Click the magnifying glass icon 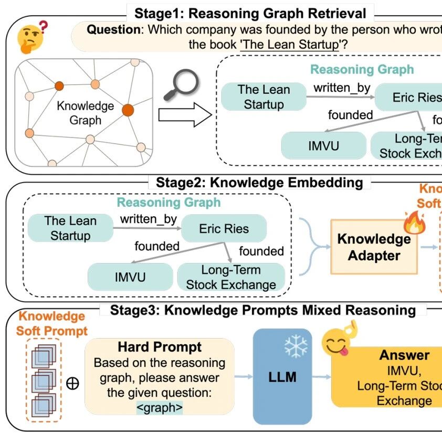[182, 85]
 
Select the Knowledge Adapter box [374, 247]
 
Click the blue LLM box [282, 376]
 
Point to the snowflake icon [296, 347]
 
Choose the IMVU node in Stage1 [323, 145]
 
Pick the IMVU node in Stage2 [130, 277]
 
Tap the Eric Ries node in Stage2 [224, 229]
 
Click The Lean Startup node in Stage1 [264, 97]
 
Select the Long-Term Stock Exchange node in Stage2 [231, 277]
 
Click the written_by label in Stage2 [148, 218]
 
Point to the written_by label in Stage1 [342, 88]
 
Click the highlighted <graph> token [160, 407]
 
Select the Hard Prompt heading [160, 347]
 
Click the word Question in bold [112, 30]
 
